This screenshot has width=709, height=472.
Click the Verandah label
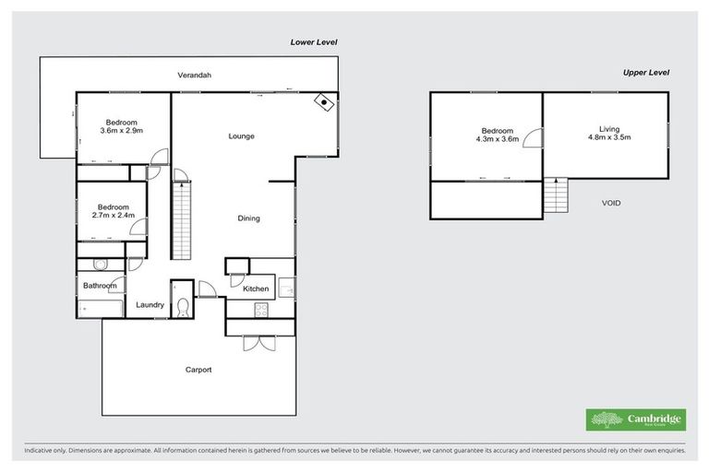point(195,75)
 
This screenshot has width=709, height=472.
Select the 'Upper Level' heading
point(645,72)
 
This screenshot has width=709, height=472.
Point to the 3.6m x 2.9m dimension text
point(121,132)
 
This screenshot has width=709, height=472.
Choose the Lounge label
point(242,136)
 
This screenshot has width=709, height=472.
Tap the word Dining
point(248,218)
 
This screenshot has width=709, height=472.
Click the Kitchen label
point(256,289)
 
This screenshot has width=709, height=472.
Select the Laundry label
point(150,305)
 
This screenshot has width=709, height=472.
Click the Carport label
point(198,370)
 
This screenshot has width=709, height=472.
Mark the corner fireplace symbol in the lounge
point(324,102)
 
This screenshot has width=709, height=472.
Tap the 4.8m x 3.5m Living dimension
point(608,138)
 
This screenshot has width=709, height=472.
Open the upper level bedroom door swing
point(534,137)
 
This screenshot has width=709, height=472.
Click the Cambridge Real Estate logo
point(636,419)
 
